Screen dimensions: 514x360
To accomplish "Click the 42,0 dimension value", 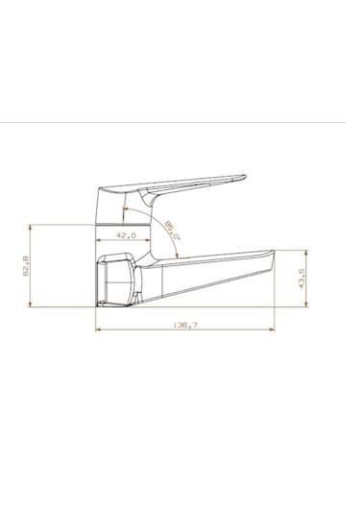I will pos(126,234).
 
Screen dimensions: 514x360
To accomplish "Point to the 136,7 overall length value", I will pos(185,326).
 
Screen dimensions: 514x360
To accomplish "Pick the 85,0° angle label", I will pos(172,232).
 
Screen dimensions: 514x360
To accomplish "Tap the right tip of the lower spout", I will pos(274,255).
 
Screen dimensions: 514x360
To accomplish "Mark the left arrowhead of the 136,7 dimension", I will pos(99,331).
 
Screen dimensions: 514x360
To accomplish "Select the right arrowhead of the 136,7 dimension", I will pos(272,331).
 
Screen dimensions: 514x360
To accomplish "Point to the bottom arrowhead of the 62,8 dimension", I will pos(35,303).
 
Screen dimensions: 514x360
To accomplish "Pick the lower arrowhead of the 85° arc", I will pos(180,257).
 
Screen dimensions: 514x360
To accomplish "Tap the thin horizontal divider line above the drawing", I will pos(180,124).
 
